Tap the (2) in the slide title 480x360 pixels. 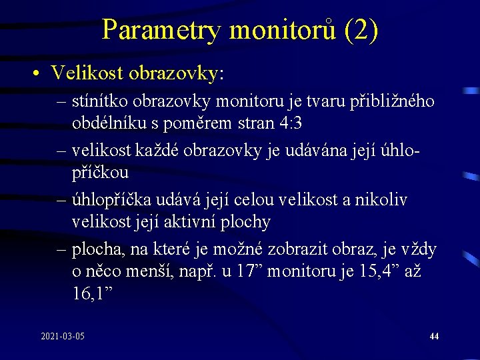361,30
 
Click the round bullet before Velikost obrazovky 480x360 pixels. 39,73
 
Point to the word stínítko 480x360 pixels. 99,102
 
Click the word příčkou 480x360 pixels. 101,173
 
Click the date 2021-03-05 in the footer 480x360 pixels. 63,337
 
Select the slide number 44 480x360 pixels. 434,337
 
